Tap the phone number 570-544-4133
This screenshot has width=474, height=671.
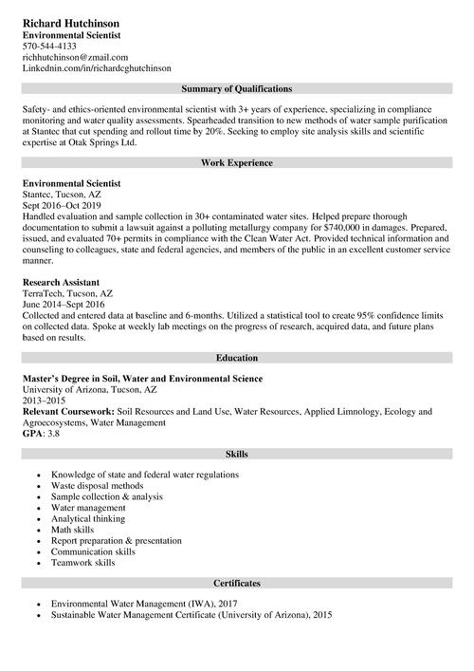[x=49, y=46]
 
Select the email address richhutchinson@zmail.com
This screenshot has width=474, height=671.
[x=75, y=57]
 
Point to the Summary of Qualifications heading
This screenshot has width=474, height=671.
[x=236, y=88]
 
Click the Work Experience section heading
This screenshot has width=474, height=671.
[x=236, y=163]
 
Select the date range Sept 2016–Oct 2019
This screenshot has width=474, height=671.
[x=62, y=205]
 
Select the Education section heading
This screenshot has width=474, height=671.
[x=236, y=360]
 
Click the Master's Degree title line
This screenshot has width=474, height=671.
[x=142, y=379]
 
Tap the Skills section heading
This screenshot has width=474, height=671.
[x=236, y=455]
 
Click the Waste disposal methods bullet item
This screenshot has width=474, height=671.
[x=97, y=486]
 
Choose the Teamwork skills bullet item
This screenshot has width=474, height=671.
[x=83, y=563]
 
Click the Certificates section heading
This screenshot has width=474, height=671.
[x=236, y=583]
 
